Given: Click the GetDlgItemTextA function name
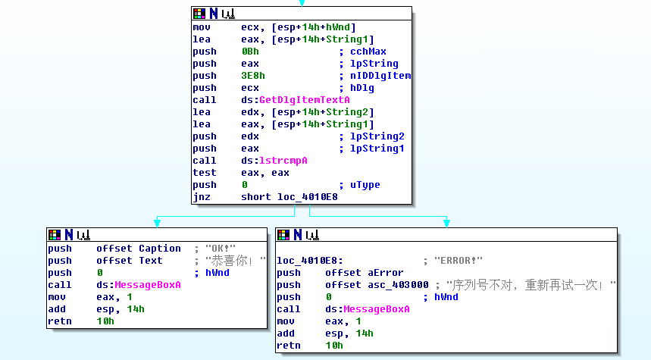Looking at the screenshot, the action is [x=305, y=100].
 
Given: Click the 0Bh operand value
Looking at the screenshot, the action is [x=250, y=52].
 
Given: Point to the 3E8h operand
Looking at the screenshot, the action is [x=253, y=76].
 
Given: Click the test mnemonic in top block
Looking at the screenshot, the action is [x=205, y=173].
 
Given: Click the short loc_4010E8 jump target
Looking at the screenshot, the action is [x=290, y=197].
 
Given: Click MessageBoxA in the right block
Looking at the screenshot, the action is [x=377, y=309].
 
